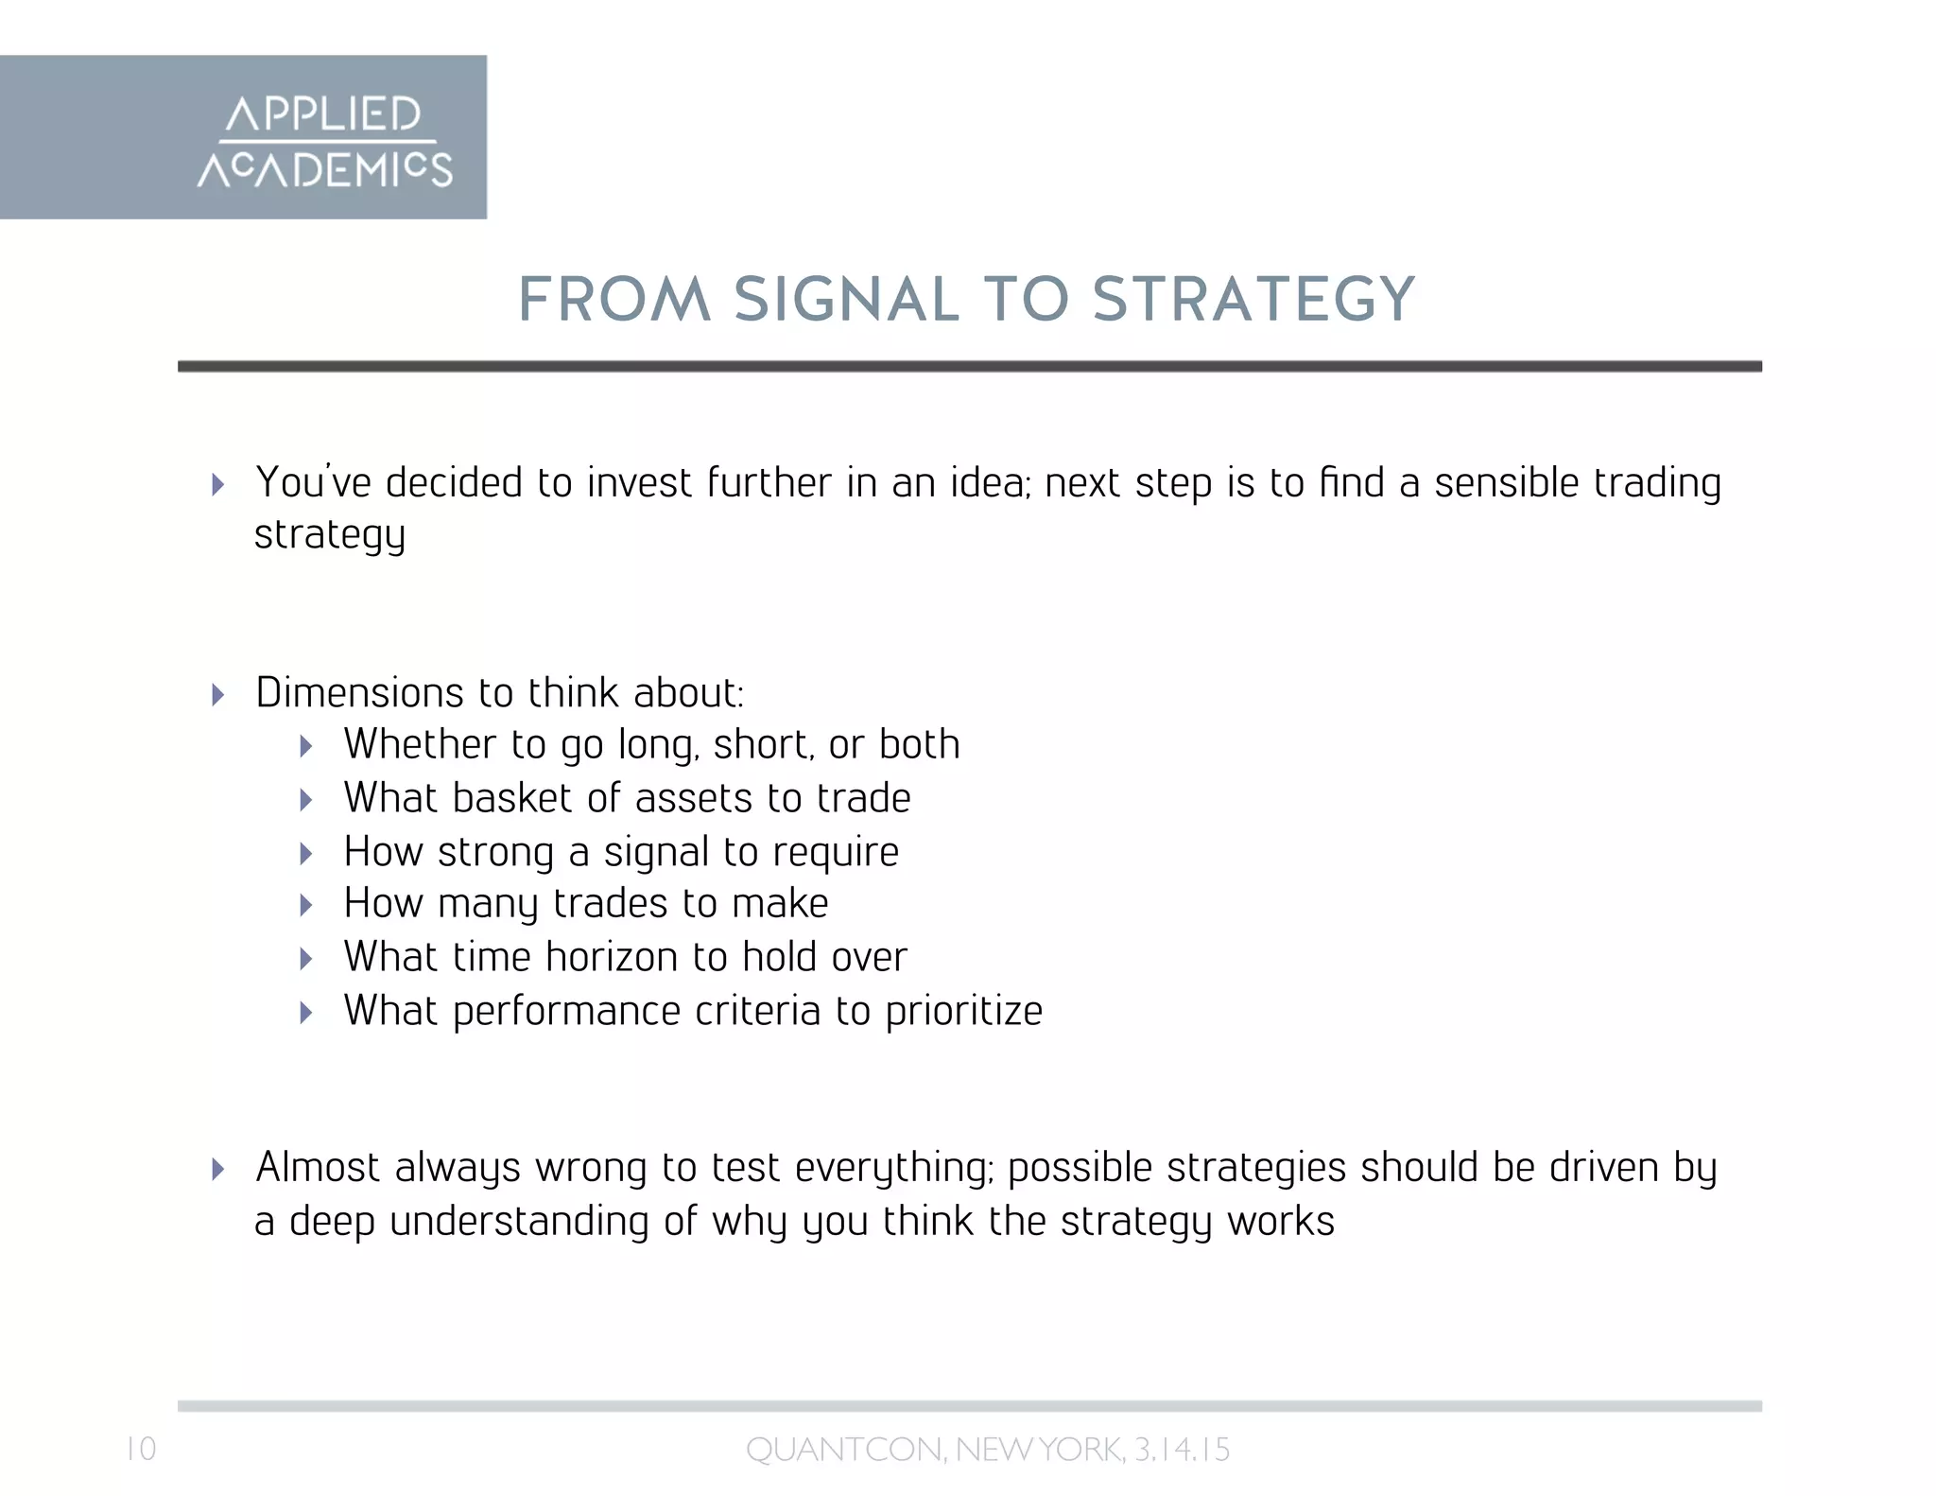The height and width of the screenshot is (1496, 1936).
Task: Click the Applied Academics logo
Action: (324, 140)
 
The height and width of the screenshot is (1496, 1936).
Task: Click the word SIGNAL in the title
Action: (846, 300)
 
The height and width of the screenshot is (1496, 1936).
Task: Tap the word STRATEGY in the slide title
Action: (1253, 300)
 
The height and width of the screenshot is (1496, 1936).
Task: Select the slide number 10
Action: (141, 1449)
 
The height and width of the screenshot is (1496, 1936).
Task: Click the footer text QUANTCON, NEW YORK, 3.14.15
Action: (988, 1450)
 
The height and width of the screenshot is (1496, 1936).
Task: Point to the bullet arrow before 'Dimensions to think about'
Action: (218, 695)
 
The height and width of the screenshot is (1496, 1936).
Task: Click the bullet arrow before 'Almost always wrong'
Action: (218, 1170)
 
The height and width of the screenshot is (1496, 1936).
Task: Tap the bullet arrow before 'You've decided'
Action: (218, 485)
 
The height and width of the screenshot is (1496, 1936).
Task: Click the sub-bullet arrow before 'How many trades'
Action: (306, 906)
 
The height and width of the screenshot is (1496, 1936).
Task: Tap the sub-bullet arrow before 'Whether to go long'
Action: (306, 747)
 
